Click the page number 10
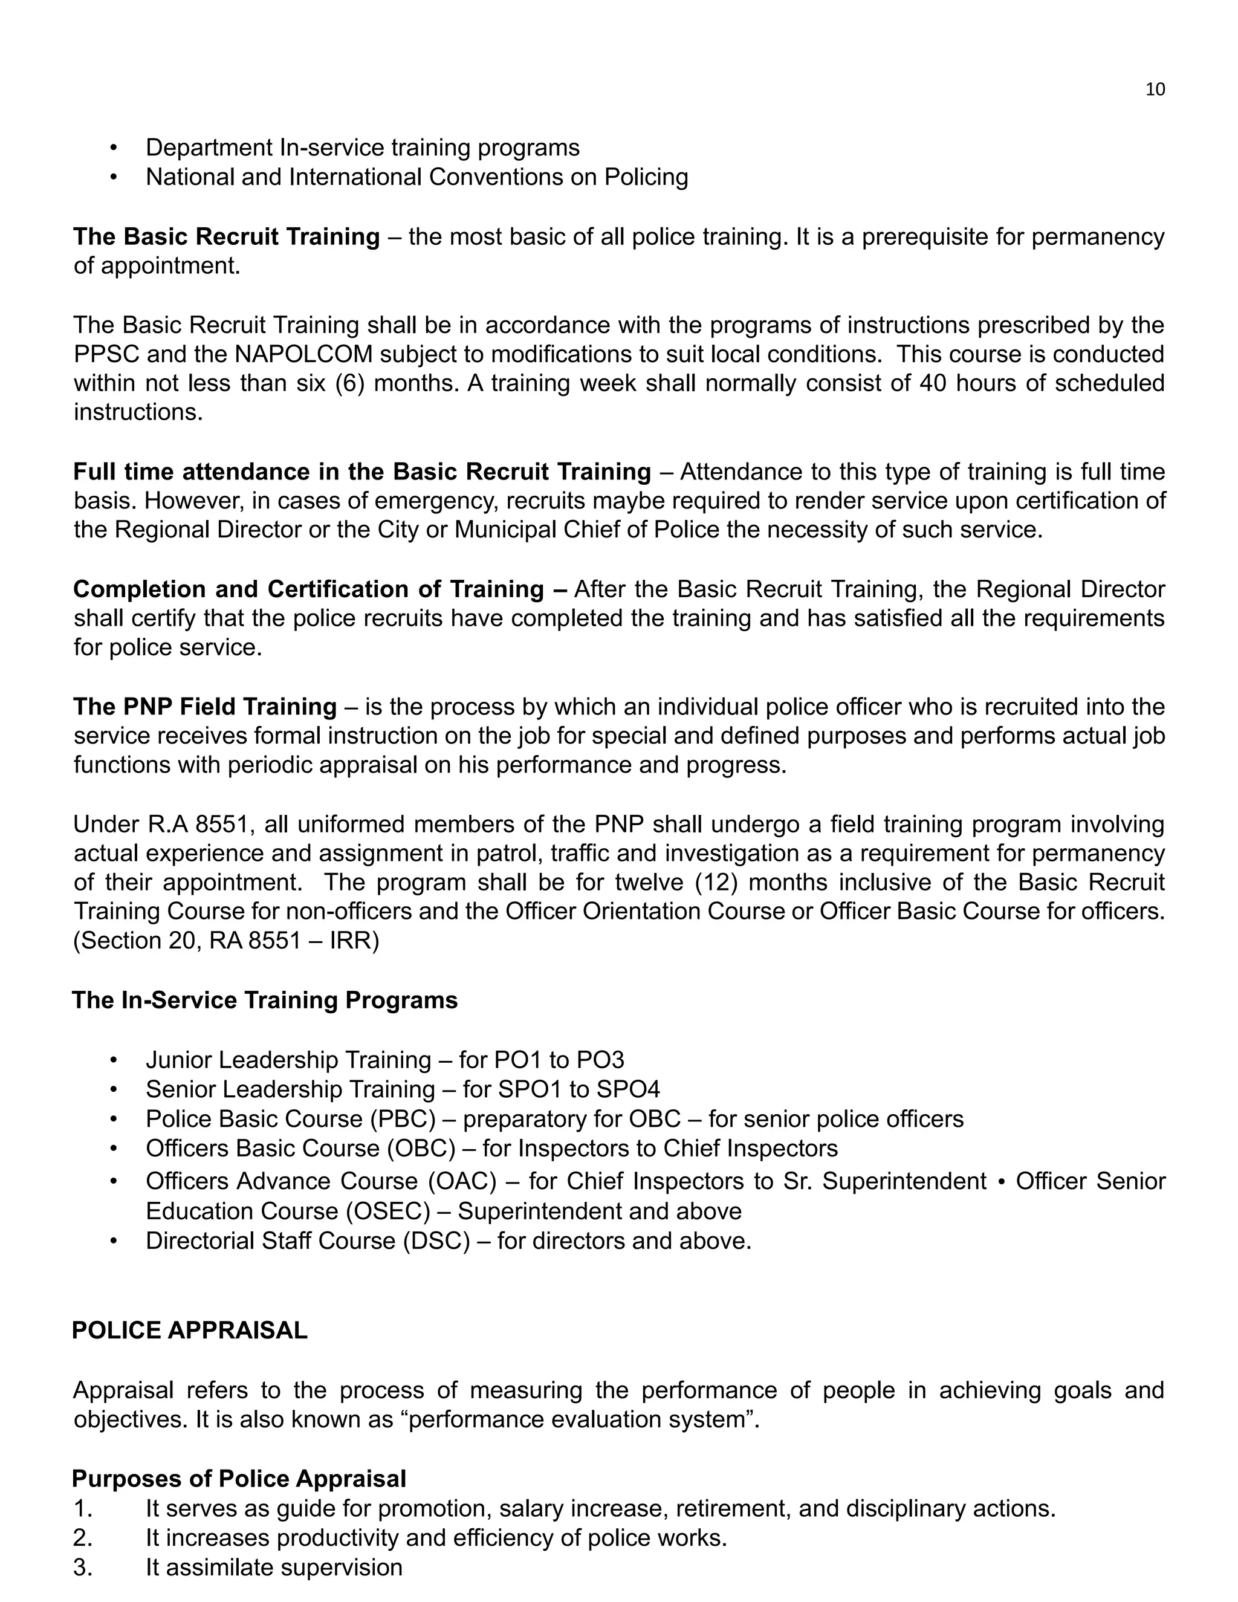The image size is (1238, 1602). coord(1155,89)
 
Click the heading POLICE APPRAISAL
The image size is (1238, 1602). coord(189,1330)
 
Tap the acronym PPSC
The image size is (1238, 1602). coord(106,354)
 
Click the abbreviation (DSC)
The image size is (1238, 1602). coord(436,1240)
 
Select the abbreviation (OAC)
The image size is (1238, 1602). coord(463,1181)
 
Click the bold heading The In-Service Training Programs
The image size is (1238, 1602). coord(265,1000)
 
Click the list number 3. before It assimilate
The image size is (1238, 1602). coord(83,1568)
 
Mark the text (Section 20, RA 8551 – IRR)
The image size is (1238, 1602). coord(226,941)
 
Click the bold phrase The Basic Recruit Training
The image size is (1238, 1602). coord(226,237)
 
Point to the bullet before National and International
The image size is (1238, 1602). coord(113,178)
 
